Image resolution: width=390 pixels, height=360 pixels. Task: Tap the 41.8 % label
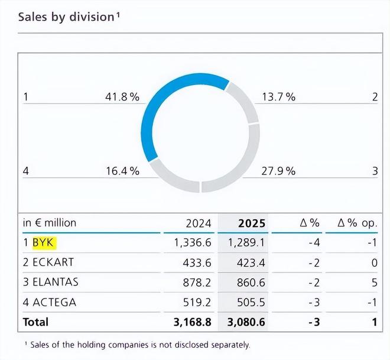(122, 97)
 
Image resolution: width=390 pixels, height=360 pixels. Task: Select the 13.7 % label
(278, 97)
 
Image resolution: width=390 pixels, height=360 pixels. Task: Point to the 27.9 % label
(278, 171)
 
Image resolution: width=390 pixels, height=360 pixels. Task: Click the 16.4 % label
(122, 171)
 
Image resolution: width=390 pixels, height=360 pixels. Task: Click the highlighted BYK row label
(43, 242)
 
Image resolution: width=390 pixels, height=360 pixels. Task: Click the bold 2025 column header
(252, 223)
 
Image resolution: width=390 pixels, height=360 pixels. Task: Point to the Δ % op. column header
(357, 223)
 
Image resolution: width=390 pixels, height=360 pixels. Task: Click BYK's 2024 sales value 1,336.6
(191, 242)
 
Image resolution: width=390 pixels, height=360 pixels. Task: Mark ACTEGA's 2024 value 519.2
(196, 303)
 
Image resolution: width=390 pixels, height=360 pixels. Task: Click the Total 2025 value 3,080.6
(245, 322)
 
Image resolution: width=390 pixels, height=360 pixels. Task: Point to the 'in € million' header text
(50, 223)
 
